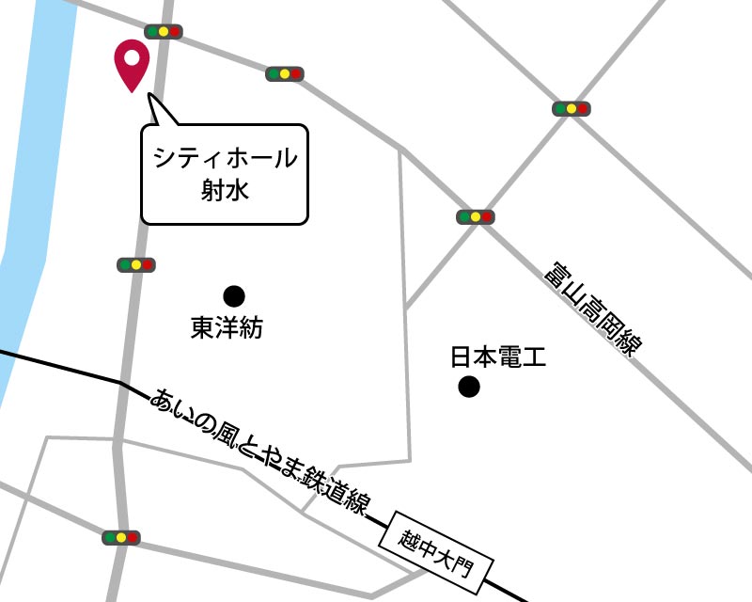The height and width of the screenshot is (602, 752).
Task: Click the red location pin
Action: point(132,64)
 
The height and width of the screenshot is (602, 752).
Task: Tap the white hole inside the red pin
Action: point(132,57)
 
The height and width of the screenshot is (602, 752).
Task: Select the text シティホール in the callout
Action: point(225,159)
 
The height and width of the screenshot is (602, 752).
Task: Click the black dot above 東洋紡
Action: point(233,297)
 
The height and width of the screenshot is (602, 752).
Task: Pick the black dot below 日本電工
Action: point(468,387)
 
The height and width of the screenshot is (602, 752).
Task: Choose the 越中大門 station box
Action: point(438,553)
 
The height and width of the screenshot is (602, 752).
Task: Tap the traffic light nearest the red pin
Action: point(164,32)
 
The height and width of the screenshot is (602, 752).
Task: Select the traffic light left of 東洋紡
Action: point(136,265)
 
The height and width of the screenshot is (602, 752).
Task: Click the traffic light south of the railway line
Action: point(121,538)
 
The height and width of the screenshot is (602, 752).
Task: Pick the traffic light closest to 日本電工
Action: point(476,217)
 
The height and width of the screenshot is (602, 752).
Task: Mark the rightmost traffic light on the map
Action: point(571,109)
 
